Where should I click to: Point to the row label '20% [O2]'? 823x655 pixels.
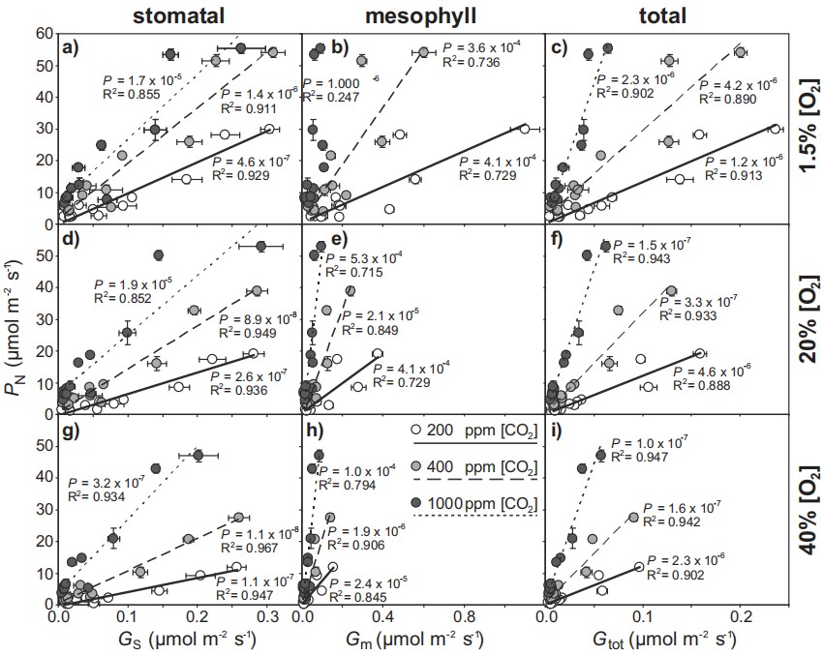point(806,319)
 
